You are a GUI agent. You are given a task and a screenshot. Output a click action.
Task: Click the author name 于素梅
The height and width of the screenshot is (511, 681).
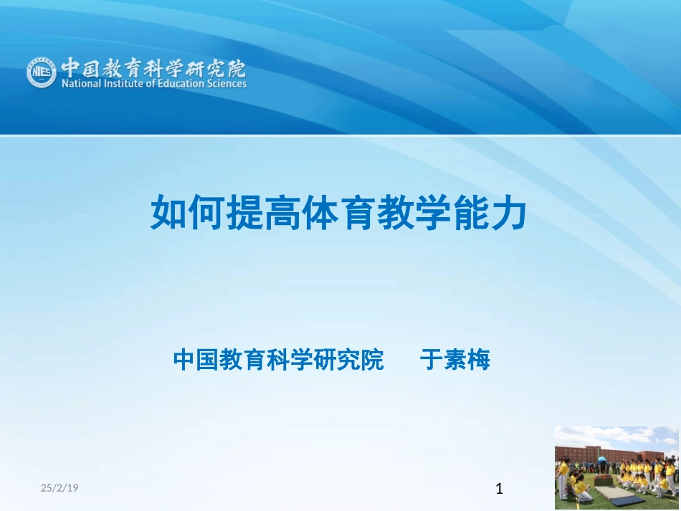(x=454, y=360)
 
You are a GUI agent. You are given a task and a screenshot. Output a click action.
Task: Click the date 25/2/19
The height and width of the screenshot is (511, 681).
(x=59, y=488)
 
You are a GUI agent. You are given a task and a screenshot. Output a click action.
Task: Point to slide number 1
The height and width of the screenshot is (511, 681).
(x=500, y=490)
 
